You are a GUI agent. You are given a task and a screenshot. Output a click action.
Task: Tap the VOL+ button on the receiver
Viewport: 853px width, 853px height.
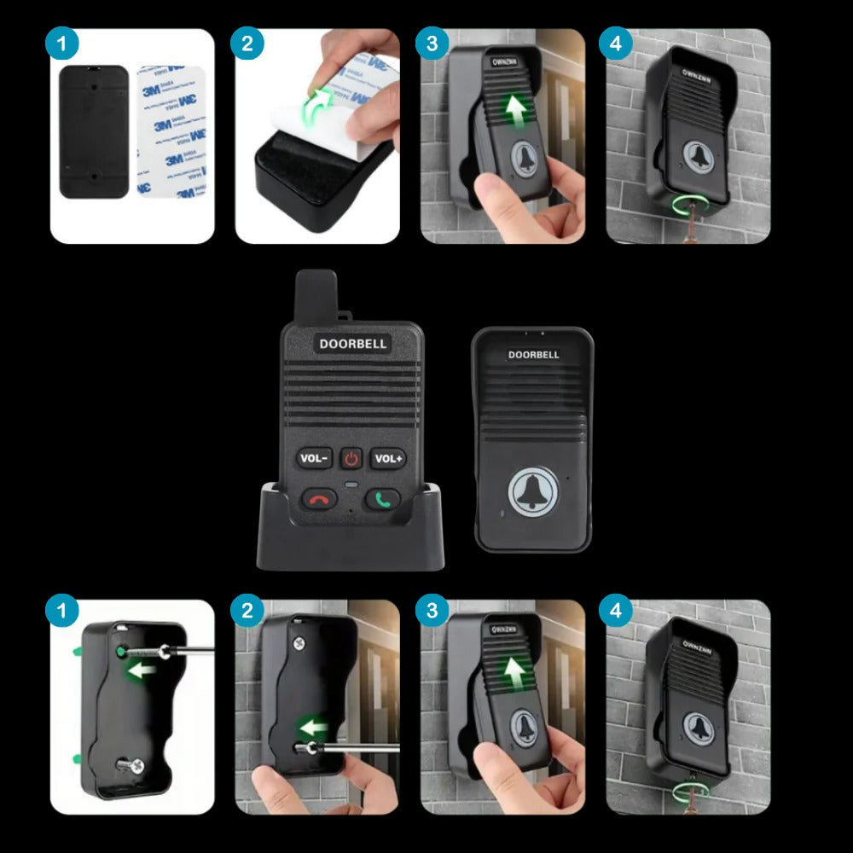[x=388, y=459]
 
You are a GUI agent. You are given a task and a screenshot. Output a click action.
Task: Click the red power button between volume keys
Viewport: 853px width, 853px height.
[x=351, y=459]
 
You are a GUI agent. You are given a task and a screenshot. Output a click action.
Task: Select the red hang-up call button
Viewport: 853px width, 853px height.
[x=319, y=499]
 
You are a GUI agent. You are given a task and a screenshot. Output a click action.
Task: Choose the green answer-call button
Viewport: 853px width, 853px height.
[x=383, y=499]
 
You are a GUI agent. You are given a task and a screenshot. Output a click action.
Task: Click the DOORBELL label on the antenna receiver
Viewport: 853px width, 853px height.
[x=353, y=344]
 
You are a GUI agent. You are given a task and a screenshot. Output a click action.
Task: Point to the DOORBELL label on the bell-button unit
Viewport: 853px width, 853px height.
[x=533, y=355]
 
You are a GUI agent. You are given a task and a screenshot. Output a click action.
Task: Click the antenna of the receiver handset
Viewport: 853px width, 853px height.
[x=316, y=294]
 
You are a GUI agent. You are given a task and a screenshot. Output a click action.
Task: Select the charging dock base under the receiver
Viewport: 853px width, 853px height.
[x=351, y=546]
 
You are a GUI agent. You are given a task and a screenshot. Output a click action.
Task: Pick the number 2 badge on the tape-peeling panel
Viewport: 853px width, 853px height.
[x=247, y=43]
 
